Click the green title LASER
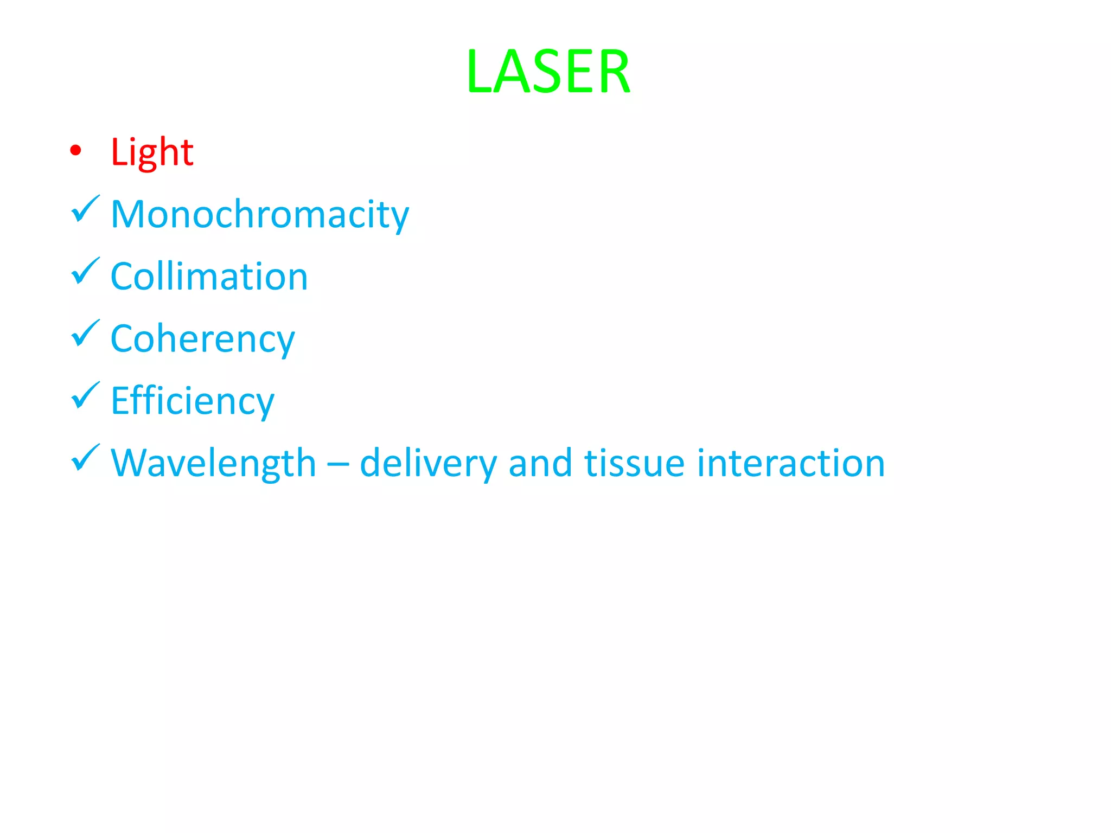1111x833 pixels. pyautogui.click(x=548, y=72)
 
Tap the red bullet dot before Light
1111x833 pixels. pyautogui.click(x=76, y=151)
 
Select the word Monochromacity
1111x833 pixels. pyautogui.click(x=260, y=215)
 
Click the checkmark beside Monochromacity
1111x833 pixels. pyautogui.click(x=85, y=209)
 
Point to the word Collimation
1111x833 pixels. pyautogui.click(x=209, y=277)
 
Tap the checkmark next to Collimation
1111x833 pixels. pyautogui.click(x=85, y=271)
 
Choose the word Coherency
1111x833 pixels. pyautogui.click(x=202, y=339)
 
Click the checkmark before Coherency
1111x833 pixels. pyautogui.click(x=85, y=334)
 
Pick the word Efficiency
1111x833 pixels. pyautogui.click(x=193, y=401)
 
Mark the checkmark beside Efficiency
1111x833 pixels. pyautogui.click(x=85, y=396)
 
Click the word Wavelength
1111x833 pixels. pyautogui.click(x=213, y=464)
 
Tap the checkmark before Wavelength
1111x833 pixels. pyautogui.click(x=85, y=458)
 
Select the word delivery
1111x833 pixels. pyautogui.click(x=428, y=464)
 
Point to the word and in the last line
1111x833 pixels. pyautogui.click(x=540, y=464)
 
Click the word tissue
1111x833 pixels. pyautogui.click(x=635, y=464)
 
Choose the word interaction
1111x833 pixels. pyautogui.click(x=791, y=464)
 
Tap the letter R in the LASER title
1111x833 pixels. pyautogui.click(x=612, y=72)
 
